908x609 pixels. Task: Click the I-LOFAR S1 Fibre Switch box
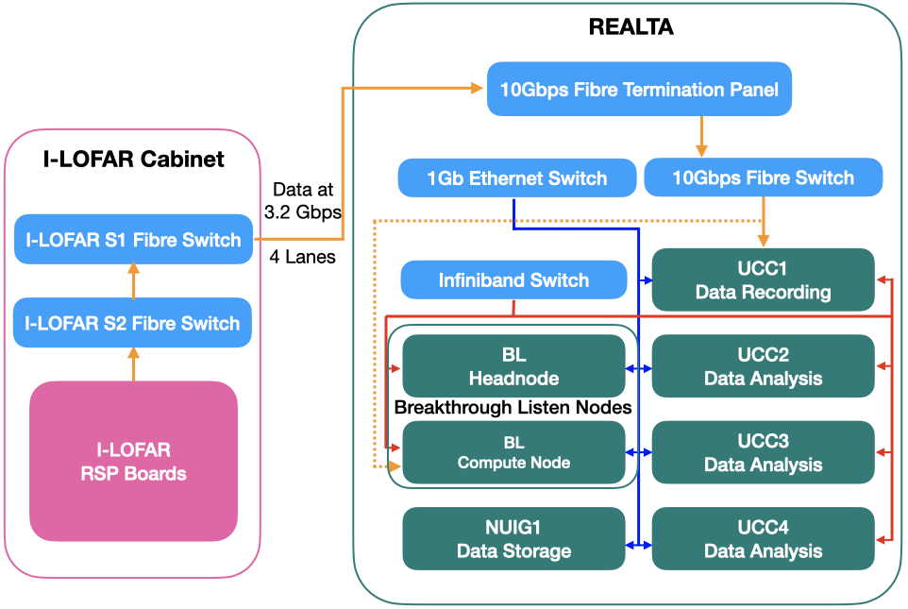(133, 240)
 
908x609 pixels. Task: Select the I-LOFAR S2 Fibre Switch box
(133, 324)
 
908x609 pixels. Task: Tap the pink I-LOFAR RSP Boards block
(133, 461)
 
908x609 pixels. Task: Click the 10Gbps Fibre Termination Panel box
(640, 90)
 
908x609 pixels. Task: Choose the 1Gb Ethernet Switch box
(516, 178)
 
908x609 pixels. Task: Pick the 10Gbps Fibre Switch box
(763, 178)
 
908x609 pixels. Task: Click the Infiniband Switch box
(513, 280)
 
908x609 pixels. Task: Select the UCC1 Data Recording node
(763, 279)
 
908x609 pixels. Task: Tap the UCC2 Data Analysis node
(763, 366)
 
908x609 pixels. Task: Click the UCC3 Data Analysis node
(763, 453)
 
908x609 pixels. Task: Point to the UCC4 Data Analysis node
(763, 539)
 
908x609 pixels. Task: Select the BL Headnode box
(513, 366)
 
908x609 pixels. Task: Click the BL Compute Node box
(513, 452)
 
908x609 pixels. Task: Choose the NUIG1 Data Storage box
(513, 539)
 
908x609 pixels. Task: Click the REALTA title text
(631, 27)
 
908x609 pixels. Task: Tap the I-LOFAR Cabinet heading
(134, 159)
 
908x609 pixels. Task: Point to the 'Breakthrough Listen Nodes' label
(513, 408)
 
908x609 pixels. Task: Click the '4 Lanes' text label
(302, 256)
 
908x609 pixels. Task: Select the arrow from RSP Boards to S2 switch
(133, 364)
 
